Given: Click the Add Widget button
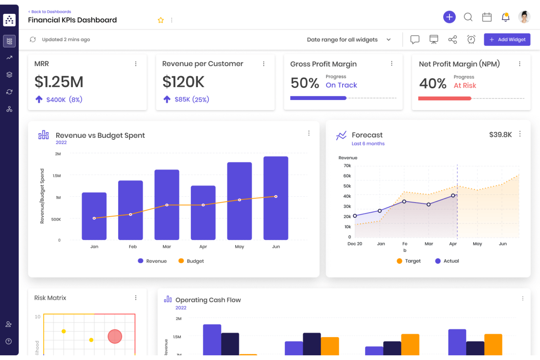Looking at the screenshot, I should pyautogui.click(x=507, y=39).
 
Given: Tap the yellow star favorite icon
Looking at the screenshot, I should pyautogui.click(x=161, y=20).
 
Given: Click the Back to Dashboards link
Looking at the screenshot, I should pyautogui.click(x=50, y=12).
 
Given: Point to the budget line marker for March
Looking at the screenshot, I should pyautogui.click(x=167, y=205).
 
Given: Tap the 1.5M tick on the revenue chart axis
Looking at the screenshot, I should pyautogui.click(x=57, y=176).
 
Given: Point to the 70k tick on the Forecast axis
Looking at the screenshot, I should pyautogui.click(x=347, y=166).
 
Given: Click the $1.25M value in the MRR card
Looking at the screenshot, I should pyautogui.click(x=59, y=82).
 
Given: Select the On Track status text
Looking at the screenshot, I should pyautogui.click(x=341, y=85).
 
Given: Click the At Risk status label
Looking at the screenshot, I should pyautogui.click(x=464, y=85).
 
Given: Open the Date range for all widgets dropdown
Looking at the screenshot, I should pyautogui.click(x=348, y=39).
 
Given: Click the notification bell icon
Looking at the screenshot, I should pyautogui.click(x=505, y=17).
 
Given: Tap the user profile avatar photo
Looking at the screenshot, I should pyautogui.click(x=524, y=17).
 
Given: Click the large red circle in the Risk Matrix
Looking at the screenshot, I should pyautogui.click(x=115, y=336).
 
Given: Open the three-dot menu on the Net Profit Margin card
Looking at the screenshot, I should pyautogui.click(x=520, y=64).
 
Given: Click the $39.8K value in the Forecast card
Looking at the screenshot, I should pyautogui.click(x=500, y=135).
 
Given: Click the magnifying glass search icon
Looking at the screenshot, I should pyautogui.click(x=468, y=17).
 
